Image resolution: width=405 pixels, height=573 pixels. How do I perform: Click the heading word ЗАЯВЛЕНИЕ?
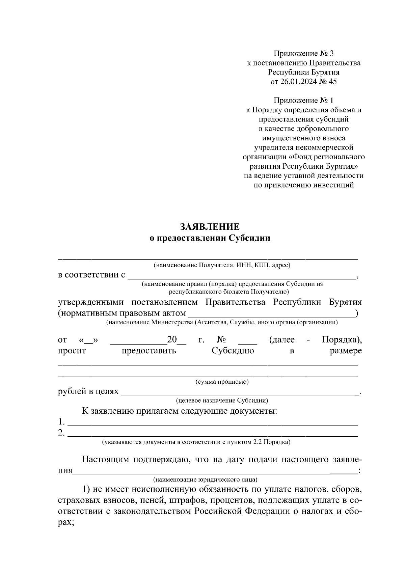point(210,226)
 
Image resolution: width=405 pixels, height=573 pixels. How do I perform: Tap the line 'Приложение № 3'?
point(303,53)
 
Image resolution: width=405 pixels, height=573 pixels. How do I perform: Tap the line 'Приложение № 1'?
point(303,100)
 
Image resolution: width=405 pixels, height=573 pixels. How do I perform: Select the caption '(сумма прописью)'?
point(222,382)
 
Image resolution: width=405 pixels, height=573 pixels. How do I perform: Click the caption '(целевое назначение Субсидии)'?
point(222,401)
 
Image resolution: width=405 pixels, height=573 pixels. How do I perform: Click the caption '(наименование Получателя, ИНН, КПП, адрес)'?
point(222,265)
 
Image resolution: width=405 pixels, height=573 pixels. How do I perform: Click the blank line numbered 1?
point(213,423)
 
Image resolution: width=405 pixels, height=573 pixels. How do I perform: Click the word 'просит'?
point(72,351)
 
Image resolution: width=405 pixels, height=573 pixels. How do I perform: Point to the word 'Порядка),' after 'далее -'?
point(342,339)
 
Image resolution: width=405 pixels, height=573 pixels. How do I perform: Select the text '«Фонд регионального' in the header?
point(327,157)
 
